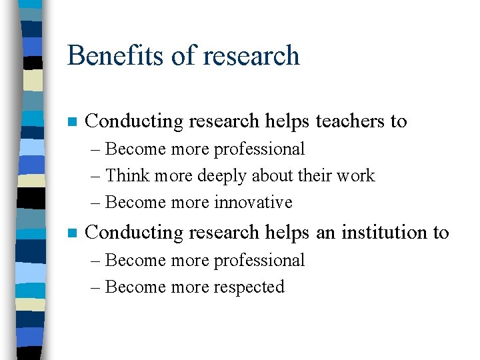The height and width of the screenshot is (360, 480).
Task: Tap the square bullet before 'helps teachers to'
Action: pos(73,122)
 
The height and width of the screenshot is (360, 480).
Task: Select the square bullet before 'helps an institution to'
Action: pos(73,233)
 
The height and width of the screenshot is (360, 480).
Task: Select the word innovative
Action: pos(253,202)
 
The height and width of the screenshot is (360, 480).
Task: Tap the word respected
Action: pos(249,287)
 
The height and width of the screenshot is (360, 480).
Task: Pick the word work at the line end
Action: pos(355,176)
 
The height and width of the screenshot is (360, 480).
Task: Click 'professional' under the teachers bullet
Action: pos(259,149)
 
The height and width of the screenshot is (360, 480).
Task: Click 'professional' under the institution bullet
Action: pos(259,261)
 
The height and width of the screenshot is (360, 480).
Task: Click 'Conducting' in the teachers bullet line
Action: pos(135,121)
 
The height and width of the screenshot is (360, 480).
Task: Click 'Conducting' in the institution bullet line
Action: pos(135,233)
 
